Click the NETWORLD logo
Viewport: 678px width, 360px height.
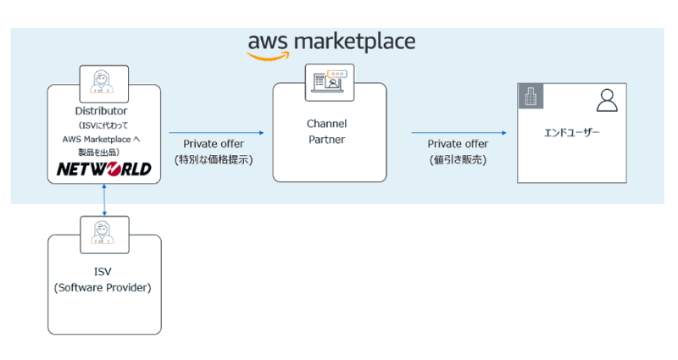coord(103,169)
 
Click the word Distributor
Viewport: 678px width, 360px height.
coord(101,111)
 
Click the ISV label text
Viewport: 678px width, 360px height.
coord(103,272)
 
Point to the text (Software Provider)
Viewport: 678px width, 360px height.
coord(103,287)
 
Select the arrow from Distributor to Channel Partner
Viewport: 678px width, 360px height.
coord(217,132)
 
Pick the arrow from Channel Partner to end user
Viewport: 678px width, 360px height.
coord(458,132)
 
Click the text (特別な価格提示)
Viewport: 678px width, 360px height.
coord(214,159)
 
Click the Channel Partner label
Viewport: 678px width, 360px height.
coord(326,131)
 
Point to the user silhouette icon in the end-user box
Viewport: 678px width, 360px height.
coord(607,100)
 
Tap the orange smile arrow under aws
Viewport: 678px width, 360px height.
coord(269,56)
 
